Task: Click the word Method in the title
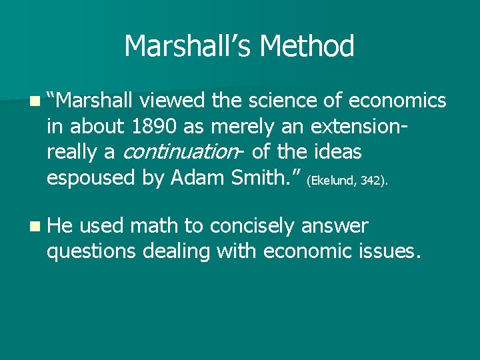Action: pyautogui.click(x=307, y=47)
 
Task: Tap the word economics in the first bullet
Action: pyautogui.click(x=397, y=101)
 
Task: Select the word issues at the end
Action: pyautogui.click(x=390, y=252)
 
